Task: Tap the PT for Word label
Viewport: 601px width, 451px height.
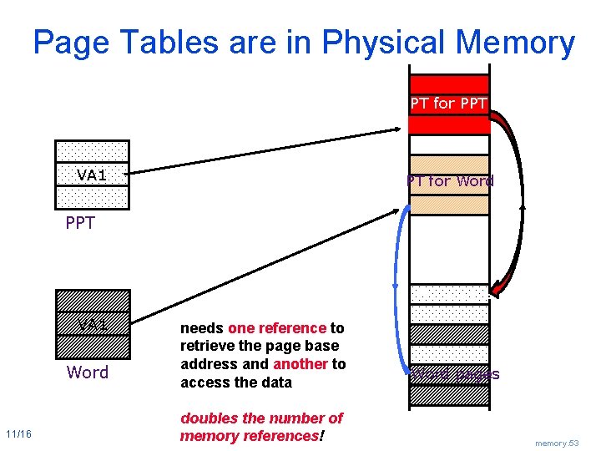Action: coord(450,180)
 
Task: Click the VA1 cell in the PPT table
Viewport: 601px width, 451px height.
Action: coord(92,175)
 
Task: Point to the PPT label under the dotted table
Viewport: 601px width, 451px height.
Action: coord(80,223)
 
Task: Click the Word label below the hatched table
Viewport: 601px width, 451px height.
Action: coord(88,372)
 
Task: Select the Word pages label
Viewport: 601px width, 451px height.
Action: coord(454,373)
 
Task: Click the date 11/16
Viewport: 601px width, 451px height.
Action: coord(18,434)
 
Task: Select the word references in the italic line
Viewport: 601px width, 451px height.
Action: coord(276,435)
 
